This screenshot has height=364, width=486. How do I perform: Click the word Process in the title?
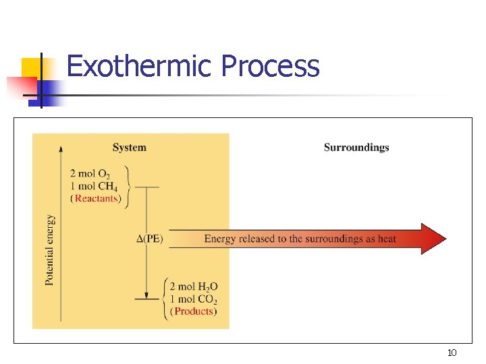[270, 67]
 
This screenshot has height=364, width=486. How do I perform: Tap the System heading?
[129, 148]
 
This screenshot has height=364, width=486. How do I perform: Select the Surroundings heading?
[356, 148]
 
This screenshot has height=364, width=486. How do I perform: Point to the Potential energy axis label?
[50, 249]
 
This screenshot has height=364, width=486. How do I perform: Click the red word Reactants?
[97, 198]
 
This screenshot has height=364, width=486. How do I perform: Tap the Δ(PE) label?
[150, 239]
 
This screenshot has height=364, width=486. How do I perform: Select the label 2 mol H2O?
[194, 287]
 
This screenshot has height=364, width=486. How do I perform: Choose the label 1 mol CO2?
[194, 299]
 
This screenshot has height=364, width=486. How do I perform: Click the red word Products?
[194, 311]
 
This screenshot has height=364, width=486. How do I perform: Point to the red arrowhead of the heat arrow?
[433, 239]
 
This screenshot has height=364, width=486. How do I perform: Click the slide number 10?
[452, 353]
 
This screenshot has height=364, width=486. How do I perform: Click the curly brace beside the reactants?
[128, 186]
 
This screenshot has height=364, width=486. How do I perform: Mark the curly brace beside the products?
[165, 298]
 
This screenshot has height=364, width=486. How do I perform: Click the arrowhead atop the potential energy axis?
[61, 149]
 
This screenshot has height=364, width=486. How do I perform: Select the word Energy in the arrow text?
[219, 239]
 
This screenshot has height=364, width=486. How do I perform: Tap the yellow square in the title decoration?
[31, 68]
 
